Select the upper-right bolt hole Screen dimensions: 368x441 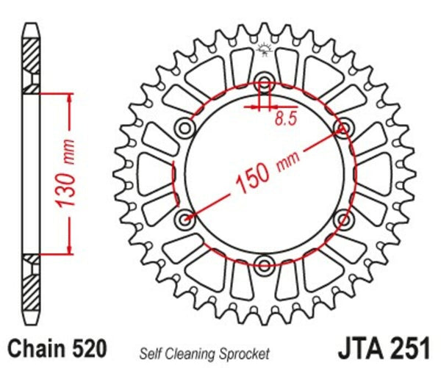342,129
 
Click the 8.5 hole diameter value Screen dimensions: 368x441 285,120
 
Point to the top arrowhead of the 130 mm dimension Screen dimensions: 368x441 71,99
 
